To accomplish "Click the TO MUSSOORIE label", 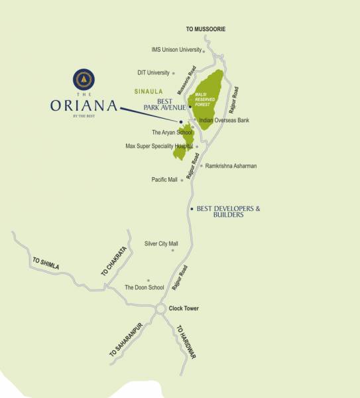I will [x=206, y=30].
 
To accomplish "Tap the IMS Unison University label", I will [x=176, y=50].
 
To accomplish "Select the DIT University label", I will [x=153, y=73].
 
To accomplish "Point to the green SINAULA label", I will [x=149, y=91].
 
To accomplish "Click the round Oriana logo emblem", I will [x=84, y=80].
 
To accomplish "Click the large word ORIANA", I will [x=84, y=106].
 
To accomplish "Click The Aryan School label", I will [x=172, y=133].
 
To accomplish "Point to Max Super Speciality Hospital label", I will [x=159, y=146].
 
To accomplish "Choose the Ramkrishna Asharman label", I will [x=231, y=166].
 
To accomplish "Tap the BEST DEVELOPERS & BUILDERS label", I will [x=229, y=212].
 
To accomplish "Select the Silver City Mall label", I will [x=161, y=244].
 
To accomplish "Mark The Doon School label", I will [x=144, y=288].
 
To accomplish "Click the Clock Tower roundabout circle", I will [x=160, y=309].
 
